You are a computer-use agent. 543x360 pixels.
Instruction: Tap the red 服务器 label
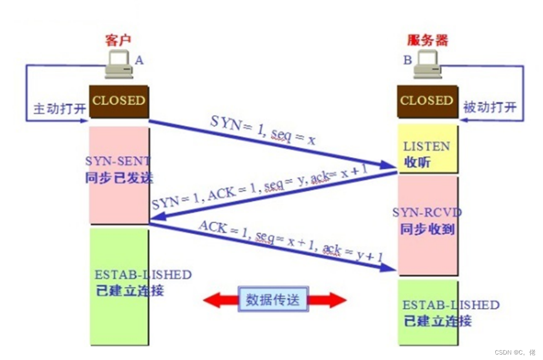tap(427, 40)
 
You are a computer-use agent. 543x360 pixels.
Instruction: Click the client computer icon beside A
tap(119, 65)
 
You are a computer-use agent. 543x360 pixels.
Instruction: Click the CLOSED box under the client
tap(119, 101)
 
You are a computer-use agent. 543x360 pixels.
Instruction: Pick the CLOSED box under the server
tap(426, 101)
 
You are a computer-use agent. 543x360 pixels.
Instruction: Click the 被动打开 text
tap(489, 107)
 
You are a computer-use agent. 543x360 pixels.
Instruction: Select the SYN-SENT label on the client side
tap(118, 161)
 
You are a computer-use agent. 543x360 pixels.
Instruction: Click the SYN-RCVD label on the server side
tap(427, 213)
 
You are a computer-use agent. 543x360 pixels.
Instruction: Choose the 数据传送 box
tap(273, 300)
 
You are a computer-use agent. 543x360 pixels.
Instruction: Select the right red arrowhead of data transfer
tap(337, 300)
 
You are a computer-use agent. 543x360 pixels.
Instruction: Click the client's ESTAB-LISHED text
tap(143, 275)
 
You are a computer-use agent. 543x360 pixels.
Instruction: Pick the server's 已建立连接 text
tap(437, 321)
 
